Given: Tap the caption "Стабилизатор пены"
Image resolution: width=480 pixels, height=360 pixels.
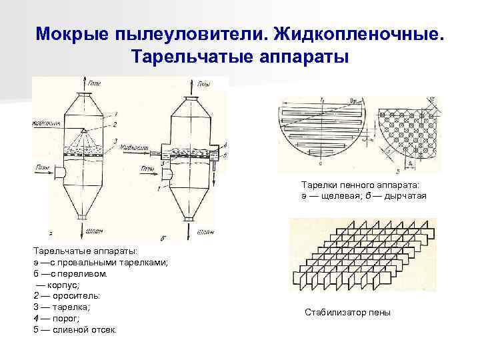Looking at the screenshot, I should (x=347, y=313).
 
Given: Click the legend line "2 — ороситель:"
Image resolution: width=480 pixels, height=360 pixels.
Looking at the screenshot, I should (x=67, y=295).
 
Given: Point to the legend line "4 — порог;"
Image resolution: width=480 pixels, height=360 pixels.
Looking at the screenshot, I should (x=59, y=318).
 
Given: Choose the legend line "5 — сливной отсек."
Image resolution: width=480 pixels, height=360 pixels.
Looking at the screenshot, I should (x=75, y=329).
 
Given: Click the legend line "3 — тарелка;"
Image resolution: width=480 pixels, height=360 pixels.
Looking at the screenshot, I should (x=61, y=307).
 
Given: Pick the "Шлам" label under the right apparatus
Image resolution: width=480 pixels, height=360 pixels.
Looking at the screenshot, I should (x=205, y=231).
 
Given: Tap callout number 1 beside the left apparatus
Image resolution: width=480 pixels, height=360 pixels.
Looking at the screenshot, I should (x=115, y=112).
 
